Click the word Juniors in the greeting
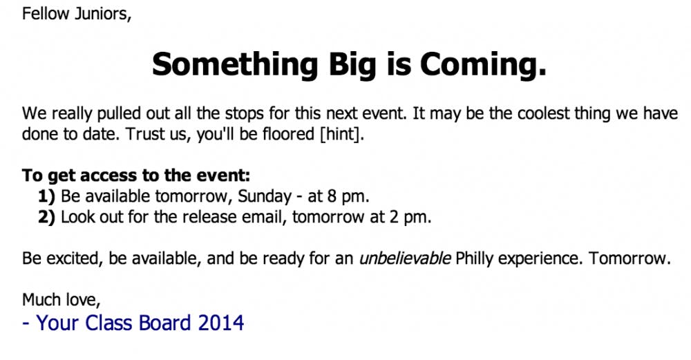tap(103, 14)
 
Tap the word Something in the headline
tap(235, 65)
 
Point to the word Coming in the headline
tap(477, 65)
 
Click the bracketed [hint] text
tap(342, 134)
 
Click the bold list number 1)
tap(47, 196)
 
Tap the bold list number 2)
tap(47, 217)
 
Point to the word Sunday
tap(265, 196)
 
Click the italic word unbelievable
tap(405, 258)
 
